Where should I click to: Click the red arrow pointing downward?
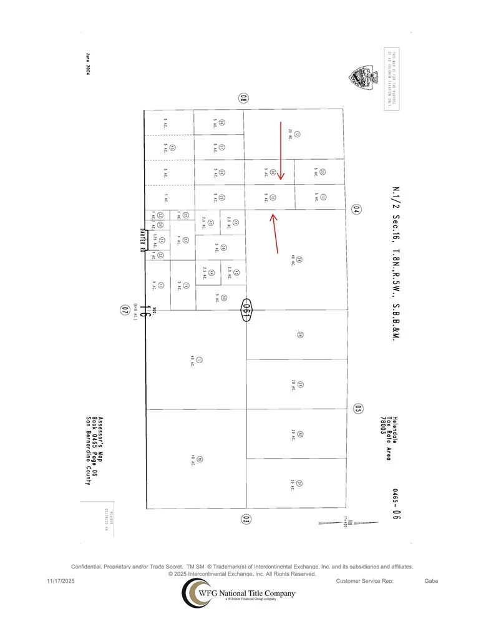tap(281, 151)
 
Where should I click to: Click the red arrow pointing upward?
tap(275, 233)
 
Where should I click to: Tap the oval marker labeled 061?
tap(246, 310)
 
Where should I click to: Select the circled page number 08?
tap(244, 97)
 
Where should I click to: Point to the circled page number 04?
tap(356, 210)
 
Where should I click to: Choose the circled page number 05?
tap(357, 409)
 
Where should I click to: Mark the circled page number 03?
tap(246, 519)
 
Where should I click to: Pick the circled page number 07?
tap(125, 310)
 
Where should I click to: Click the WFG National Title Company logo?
tap(238, 592)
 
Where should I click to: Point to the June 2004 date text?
tap(88, 63)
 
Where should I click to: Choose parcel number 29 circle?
tap(300, 384)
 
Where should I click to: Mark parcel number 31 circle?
tap(299, 483)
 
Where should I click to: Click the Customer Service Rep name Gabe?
tap(431, 581)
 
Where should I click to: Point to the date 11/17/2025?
tap(61, 581)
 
